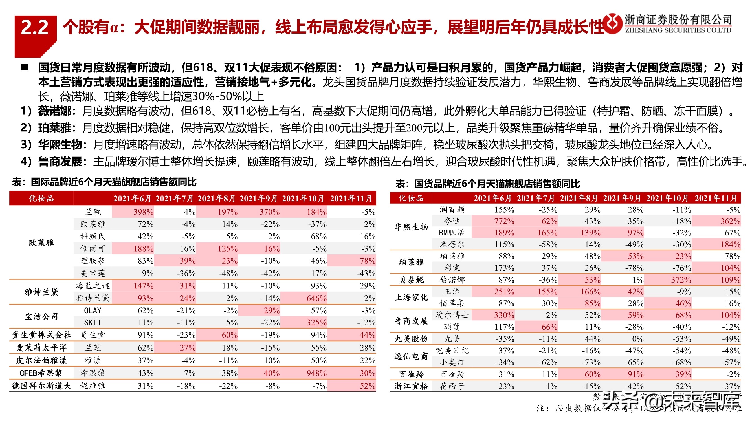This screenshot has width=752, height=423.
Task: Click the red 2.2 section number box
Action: [x=35, y=28]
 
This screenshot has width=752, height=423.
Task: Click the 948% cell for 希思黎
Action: [x=316, y=373]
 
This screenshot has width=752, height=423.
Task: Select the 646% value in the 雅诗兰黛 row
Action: [x=316, y=298]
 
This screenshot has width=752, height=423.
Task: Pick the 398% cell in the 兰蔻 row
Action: [x=143, y=212]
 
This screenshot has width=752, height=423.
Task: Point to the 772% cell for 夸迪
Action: [x=504, y=221]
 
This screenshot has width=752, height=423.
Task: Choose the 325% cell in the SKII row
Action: [x=316, y=323]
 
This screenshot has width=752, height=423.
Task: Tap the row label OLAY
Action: [x=93, y=310]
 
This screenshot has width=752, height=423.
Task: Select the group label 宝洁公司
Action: [x=41, y=316]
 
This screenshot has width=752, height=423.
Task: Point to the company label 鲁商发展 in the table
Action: [x=411, y=321]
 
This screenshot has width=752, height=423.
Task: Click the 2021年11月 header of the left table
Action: [x=351, y=199]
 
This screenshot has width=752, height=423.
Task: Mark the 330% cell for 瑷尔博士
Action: [x=504, y=315]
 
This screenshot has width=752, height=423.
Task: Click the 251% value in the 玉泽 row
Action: [x=504, y=292]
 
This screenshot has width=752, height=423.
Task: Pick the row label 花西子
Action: [x=452, y=386]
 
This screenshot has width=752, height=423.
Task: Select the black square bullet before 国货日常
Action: [x=25, y=68]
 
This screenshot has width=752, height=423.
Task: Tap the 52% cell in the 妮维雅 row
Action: [x=367, y=386]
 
